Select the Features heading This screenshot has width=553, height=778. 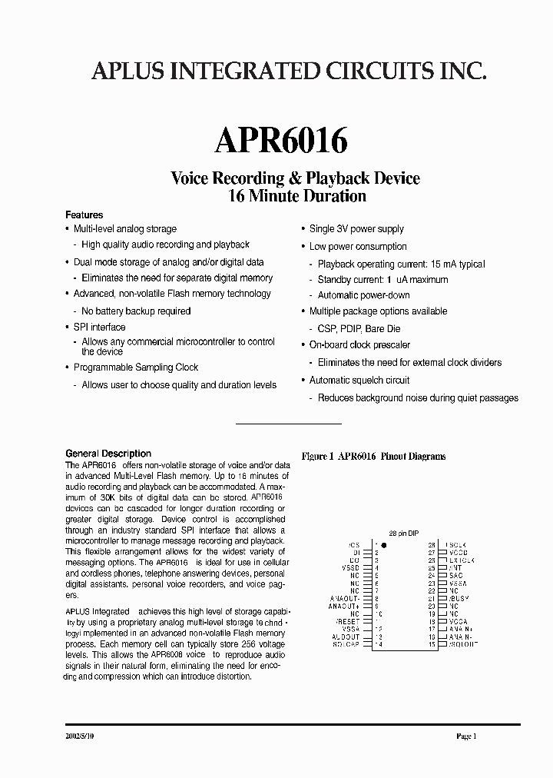coord(84,214)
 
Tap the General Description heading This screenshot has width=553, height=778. coord(108,454)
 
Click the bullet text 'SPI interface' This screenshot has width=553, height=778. coord(99,327)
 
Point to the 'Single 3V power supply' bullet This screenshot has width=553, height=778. coord(356,229)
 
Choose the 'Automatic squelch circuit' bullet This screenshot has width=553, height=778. coord(359,381)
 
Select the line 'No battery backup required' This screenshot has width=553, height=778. coord(136,311)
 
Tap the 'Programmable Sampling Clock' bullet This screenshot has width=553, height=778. coord(136,367)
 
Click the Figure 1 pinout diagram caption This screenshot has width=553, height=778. coord(373,456)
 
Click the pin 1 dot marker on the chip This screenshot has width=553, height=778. coord(384,544)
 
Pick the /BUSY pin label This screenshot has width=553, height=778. coord(459,598)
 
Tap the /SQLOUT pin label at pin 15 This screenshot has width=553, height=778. coord(462,643)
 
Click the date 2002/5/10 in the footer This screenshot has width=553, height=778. coord(81,736)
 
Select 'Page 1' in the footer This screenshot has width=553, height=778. coord(466,736)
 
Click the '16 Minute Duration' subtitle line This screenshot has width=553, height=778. coord(296,195)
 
